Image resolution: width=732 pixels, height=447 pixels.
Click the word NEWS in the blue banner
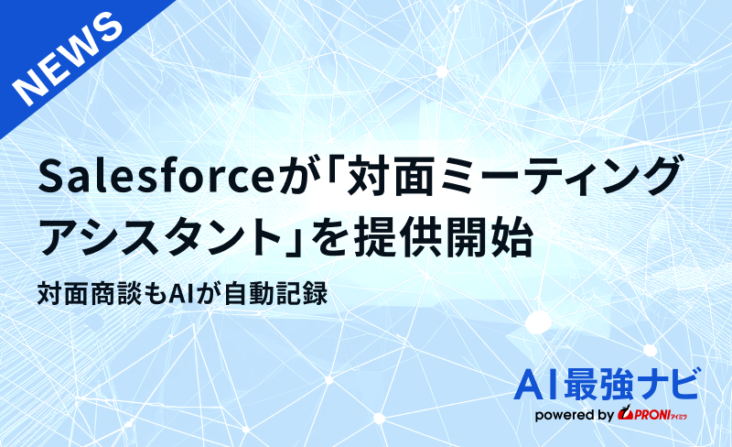(x=69, y=58)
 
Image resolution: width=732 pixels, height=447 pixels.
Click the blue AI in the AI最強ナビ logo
(x=538, y=385)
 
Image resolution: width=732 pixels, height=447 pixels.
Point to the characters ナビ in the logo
(x=673, y=385)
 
